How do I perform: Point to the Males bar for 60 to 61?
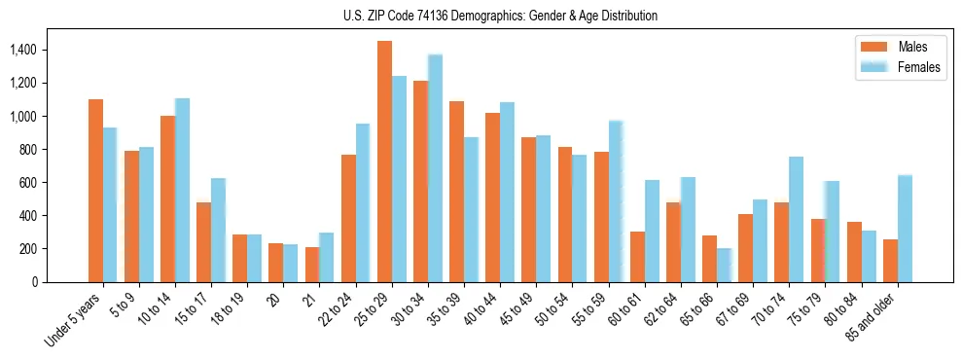[x=637, y=257]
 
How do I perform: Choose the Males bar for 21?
[x=312, y=265]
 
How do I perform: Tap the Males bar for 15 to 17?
[x=204, y=242]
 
